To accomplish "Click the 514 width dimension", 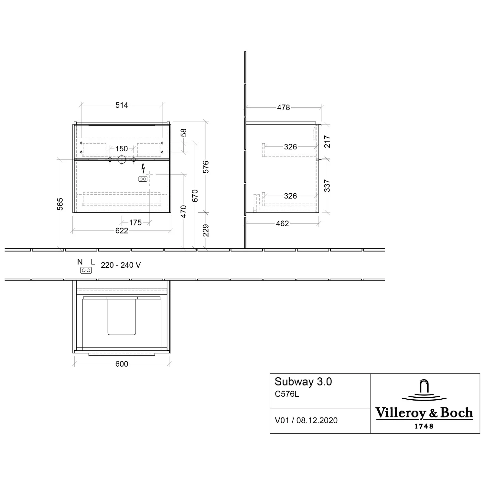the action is pyautogui.click(x=122, y=105).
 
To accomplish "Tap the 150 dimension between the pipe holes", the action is pyautogui.click(x=122, y=149).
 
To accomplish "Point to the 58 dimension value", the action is pyautogui.click(x=184, y=133).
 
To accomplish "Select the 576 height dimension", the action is pyautogui.click(x=206, y=167).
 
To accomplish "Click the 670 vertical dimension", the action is pyautogui.click(x=195, y=196).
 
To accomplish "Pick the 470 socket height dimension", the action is pyautogui.click(x=183, y=211).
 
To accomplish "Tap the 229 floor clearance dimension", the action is pyautogui.click(x=206, y=231).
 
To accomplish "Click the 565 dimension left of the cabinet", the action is pyautogui.click(x=60, y=204).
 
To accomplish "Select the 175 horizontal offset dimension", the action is pyautogui.click(x=135, y=222).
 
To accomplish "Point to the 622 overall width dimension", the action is pyautogui.click(x=122, y=231).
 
